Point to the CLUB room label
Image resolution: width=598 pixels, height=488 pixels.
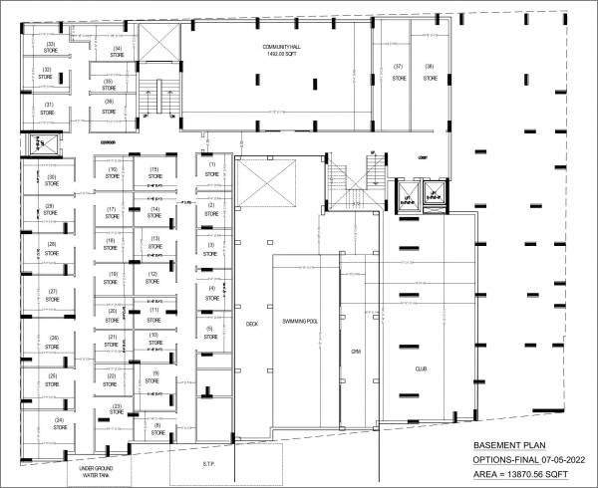421,368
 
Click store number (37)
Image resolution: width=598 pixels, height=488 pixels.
398,67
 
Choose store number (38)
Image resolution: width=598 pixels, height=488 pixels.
430,67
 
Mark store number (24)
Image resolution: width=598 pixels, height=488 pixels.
59,420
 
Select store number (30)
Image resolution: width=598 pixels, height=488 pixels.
50,177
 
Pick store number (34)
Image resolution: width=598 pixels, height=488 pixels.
118,49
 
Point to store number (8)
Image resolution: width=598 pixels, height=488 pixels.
157,425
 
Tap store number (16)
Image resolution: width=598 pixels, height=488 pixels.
114,170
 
